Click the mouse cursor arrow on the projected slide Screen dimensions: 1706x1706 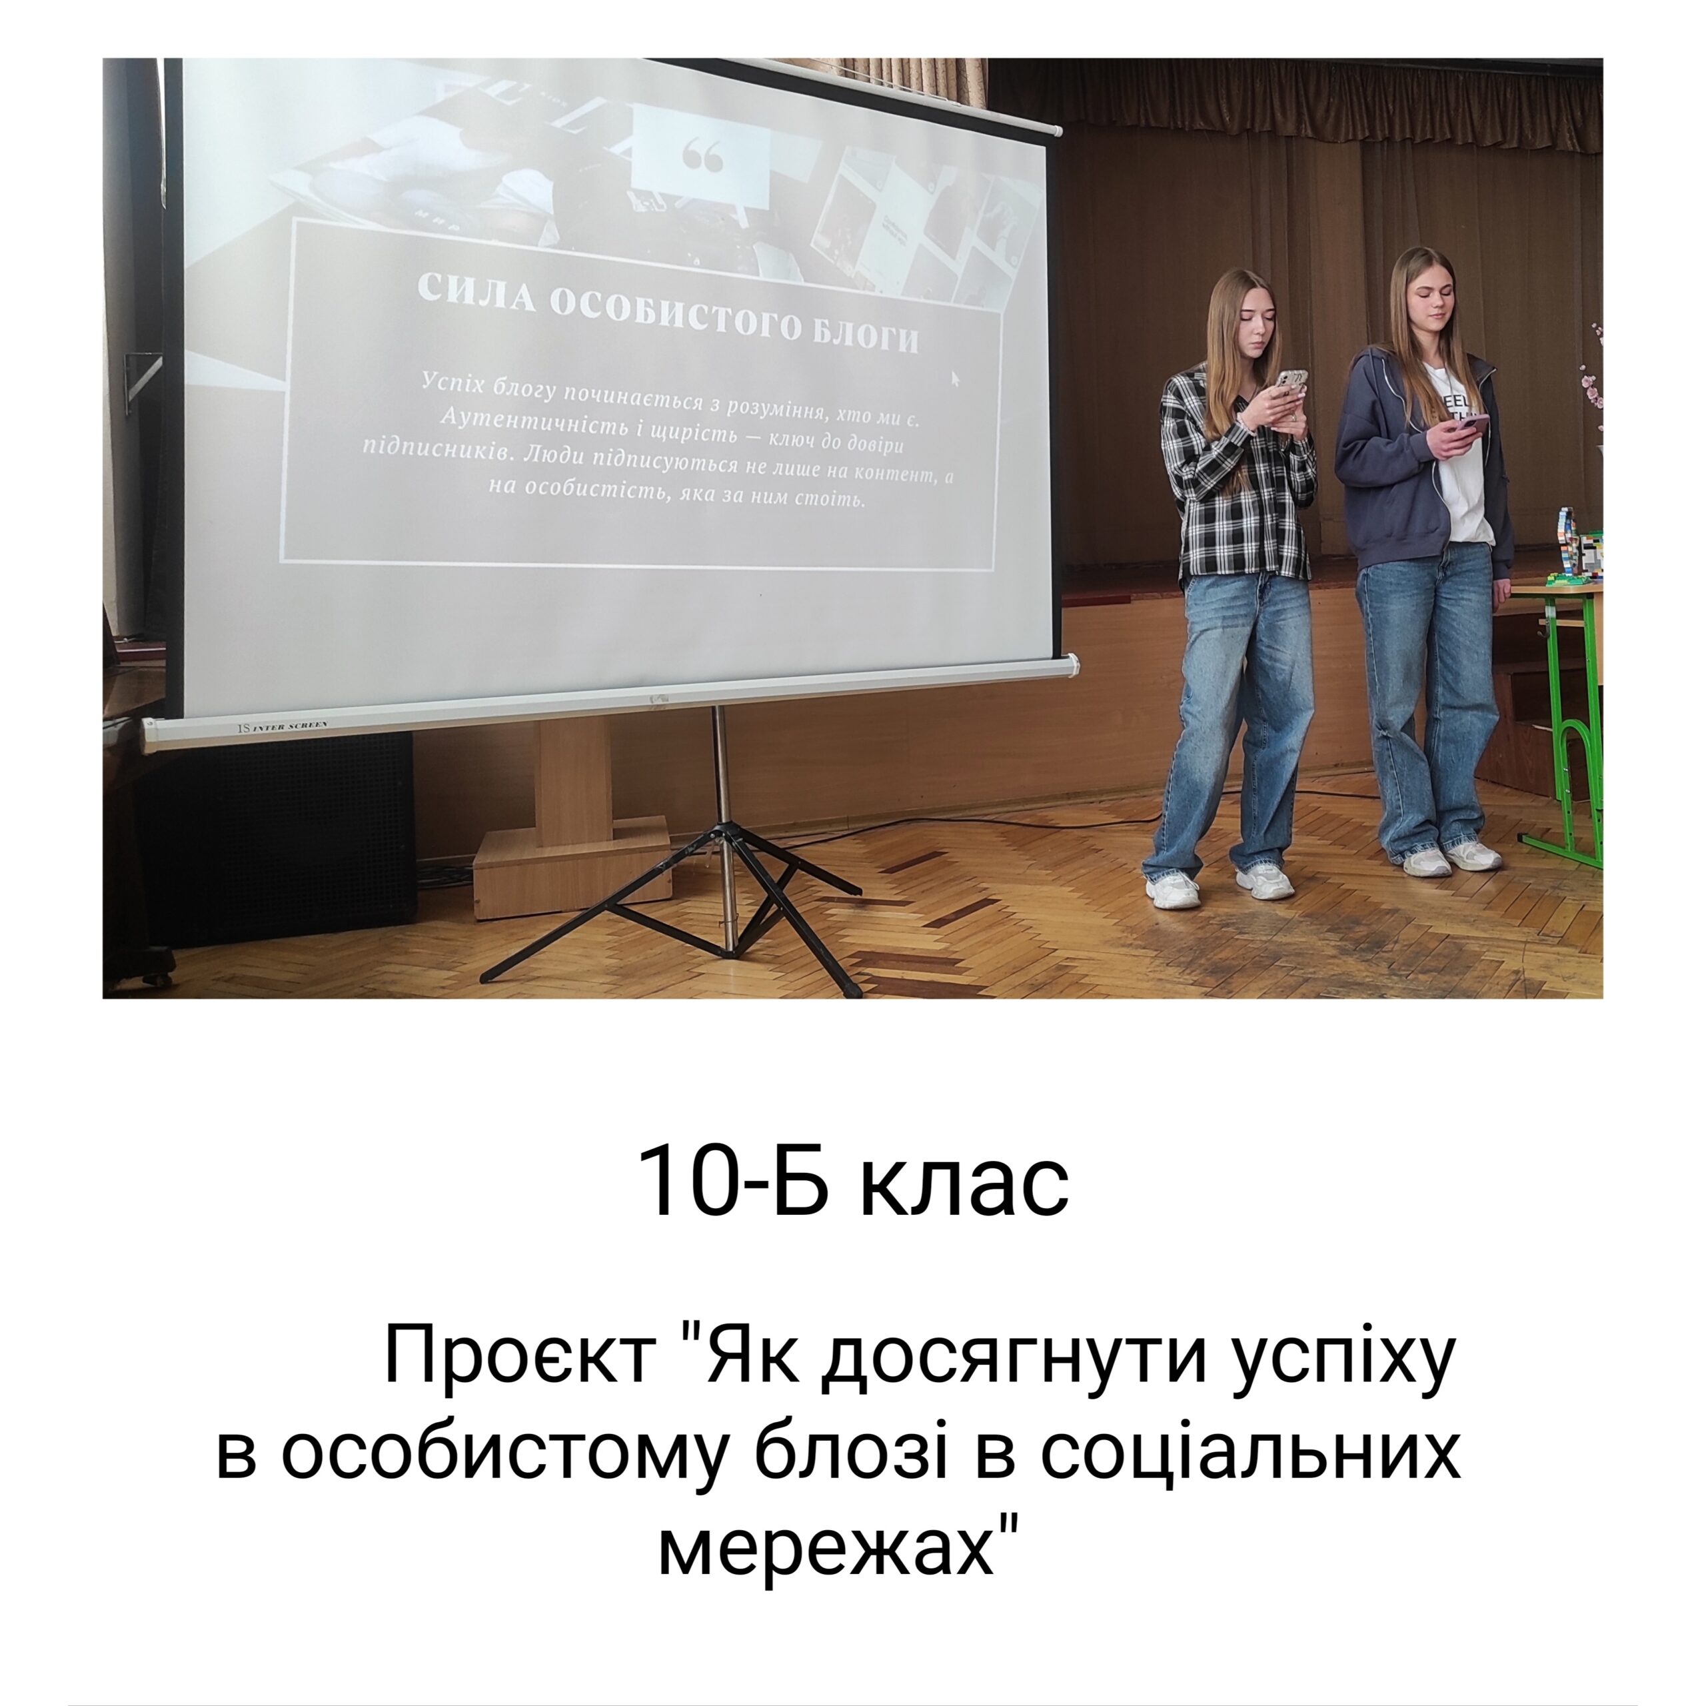tap(954, 378)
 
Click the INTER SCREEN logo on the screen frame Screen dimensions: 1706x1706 tap(283, 726)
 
